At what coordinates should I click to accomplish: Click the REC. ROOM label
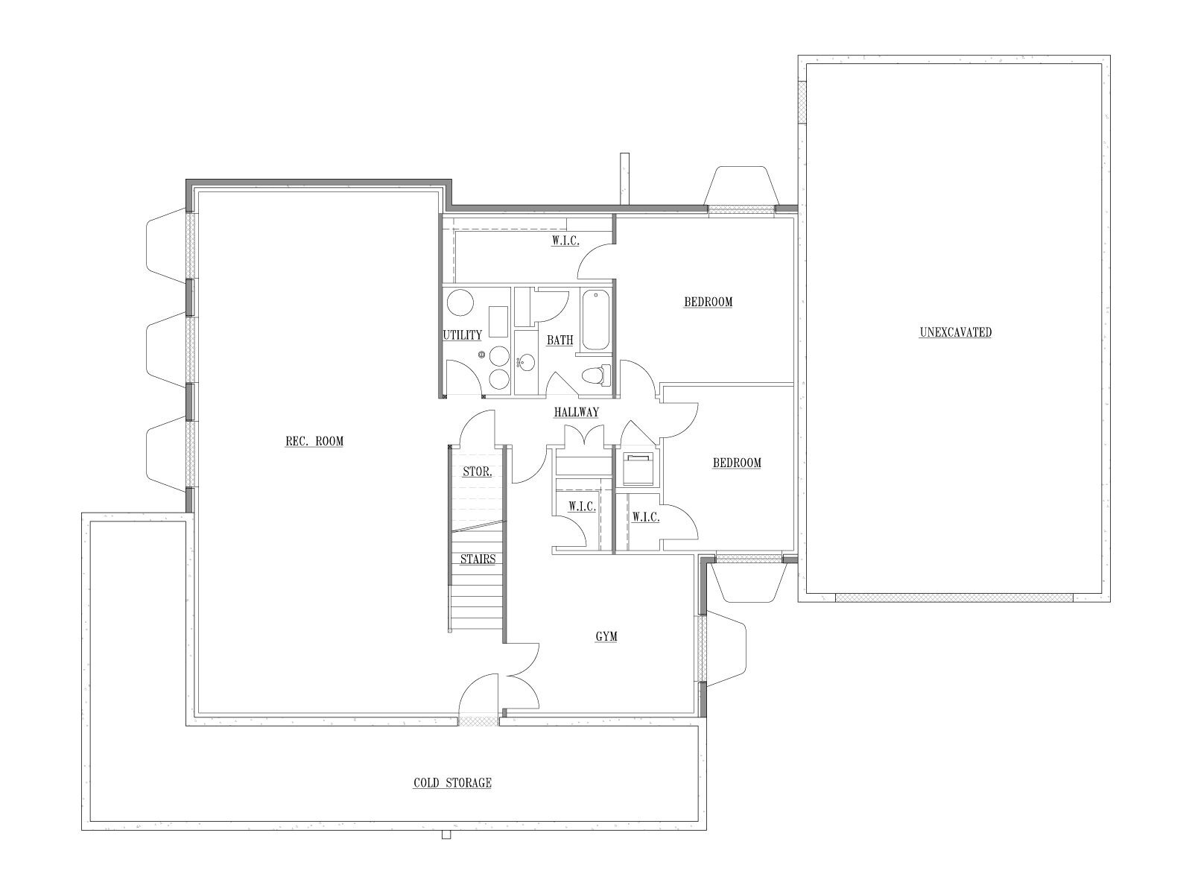[x=314, y=441]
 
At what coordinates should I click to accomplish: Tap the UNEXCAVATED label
[x=955, y=332]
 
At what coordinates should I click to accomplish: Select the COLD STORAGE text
[x=452, y=783]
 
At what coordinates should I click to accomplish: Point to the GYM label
[x=606, y=636]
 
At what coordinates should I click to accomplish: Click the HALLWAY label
[x=576, y=413]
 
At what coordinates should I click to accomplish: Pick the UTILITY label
[x=462, y=335]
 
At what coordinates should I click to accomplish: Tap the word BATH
[x=560, y=340]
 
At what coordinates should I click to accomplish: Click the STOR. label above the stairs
[x=478, y=472]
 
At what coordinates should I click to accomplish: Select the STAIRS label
[x=478, y=559]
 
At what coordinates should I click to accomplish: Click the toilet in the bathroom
[x=596, y=375]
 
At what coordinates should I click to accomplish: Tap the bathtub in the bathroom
[x=596, y=320]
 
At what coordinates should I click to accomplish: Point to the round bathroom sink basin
[x=526, y=362]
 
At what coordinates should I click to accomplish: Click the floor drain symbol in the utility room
[x=481, y=355]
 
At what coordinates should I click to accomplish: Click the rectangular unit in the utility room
[x=498, y=322]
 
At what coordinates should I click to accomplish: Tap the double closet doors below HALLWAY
[x=584, y=436]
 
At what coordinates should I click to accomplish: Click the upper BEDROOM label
[x=708, y=302]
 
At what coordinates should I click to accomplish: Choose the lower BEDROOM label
[x=737, y=463]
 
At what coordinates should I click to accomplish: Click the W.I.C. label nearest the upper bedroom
[x=565, y=241]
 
